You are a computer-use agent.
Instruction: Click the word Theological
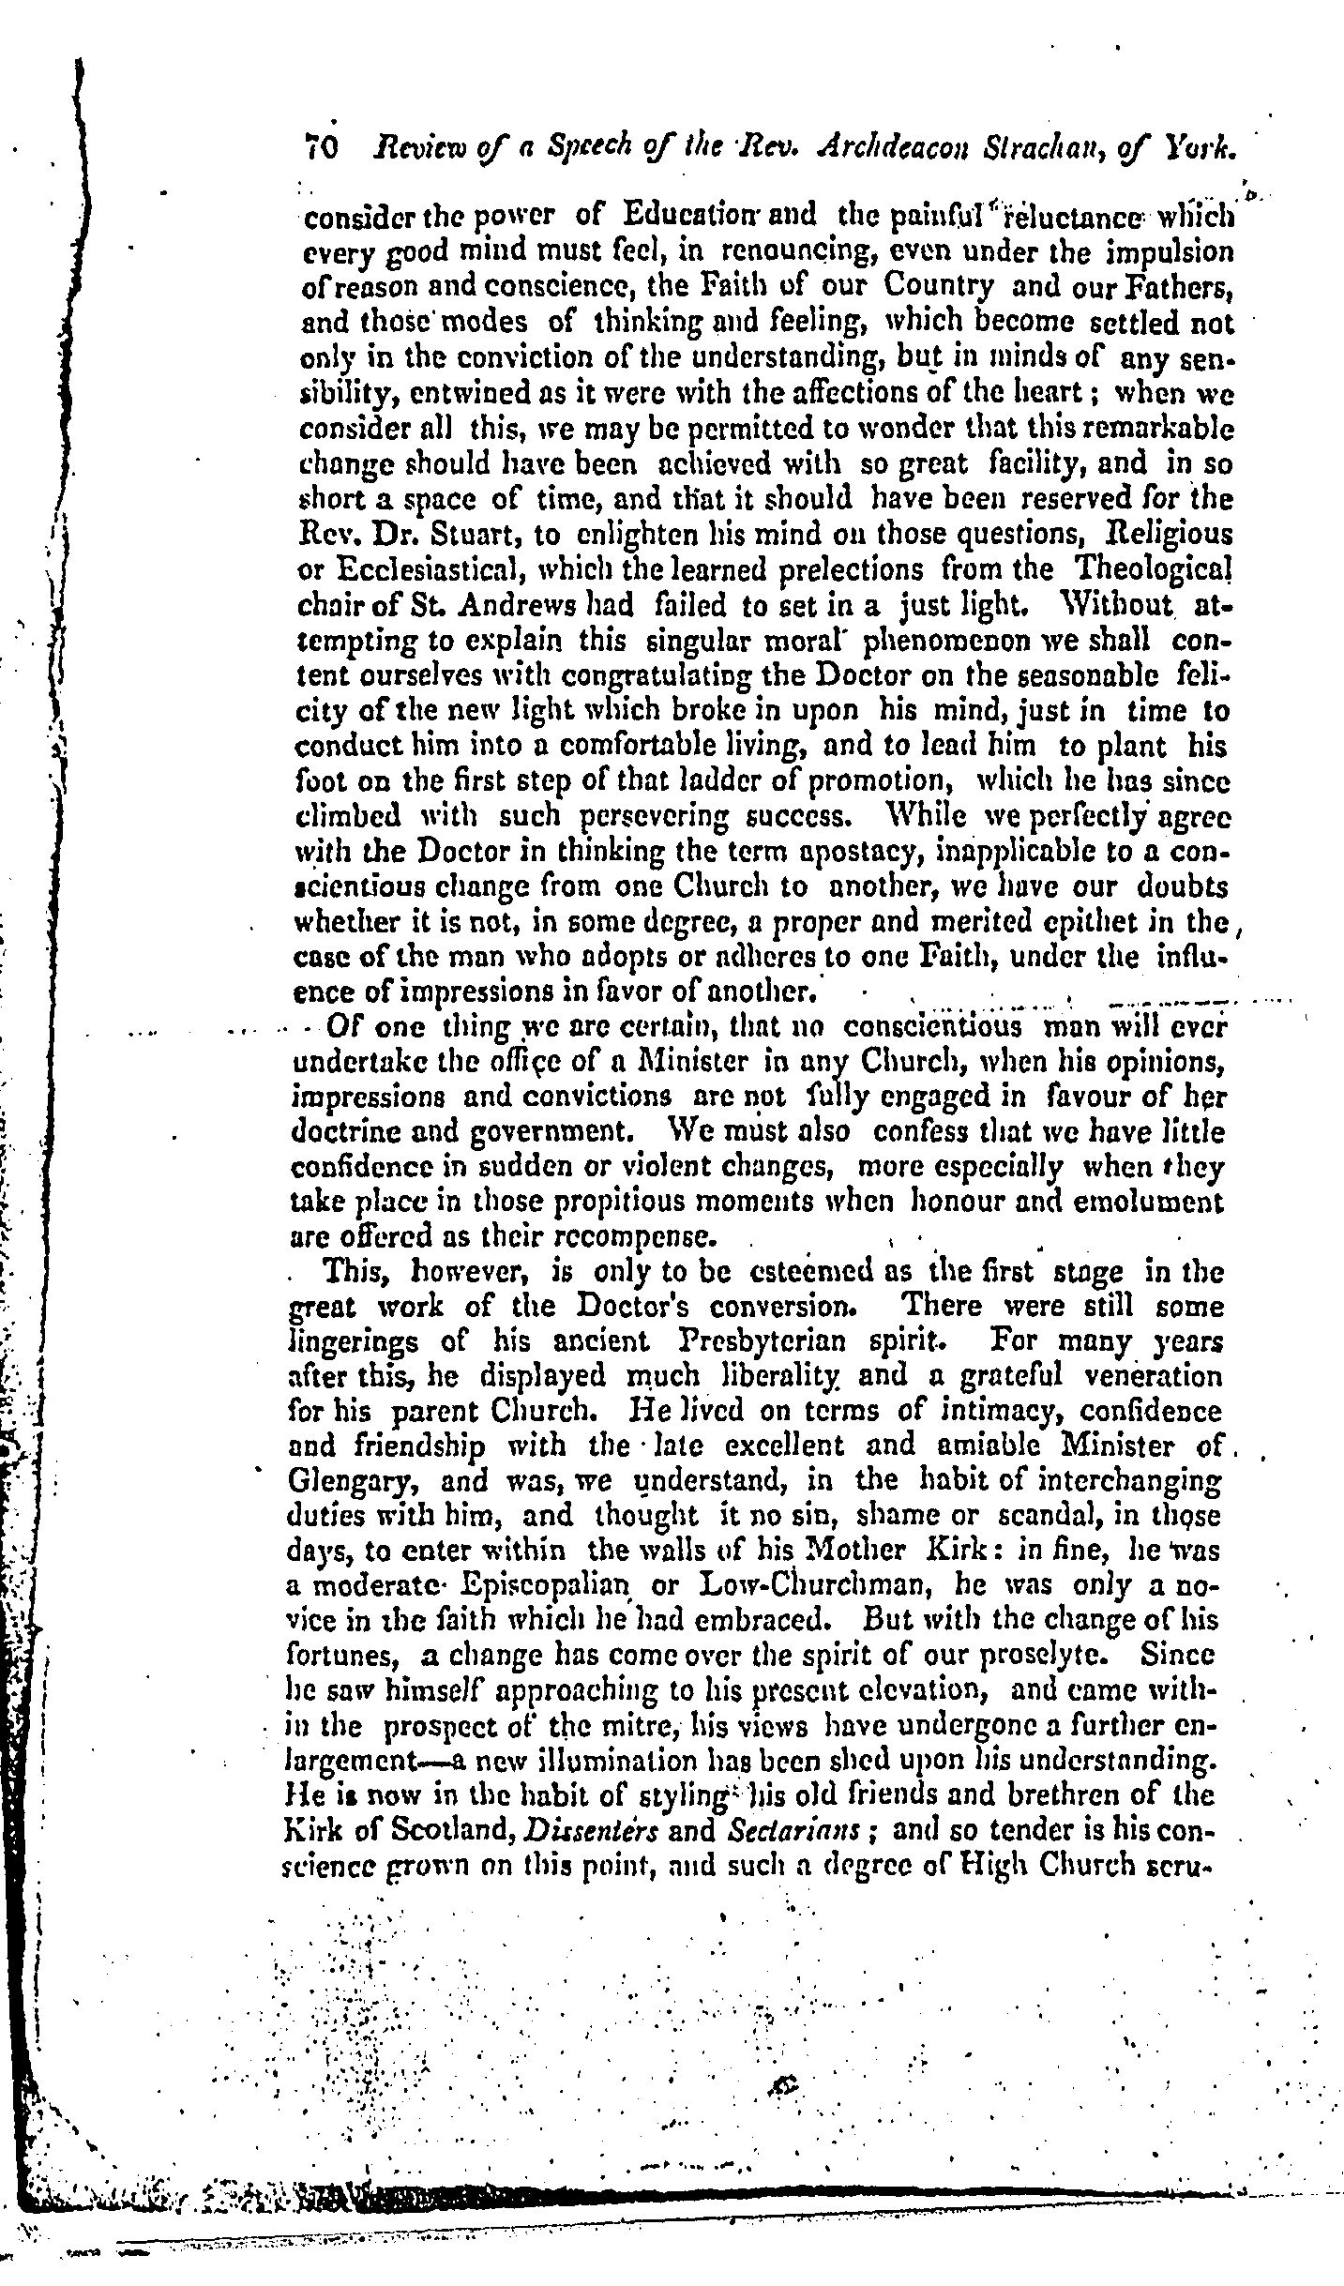[x=1153, y=570]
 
